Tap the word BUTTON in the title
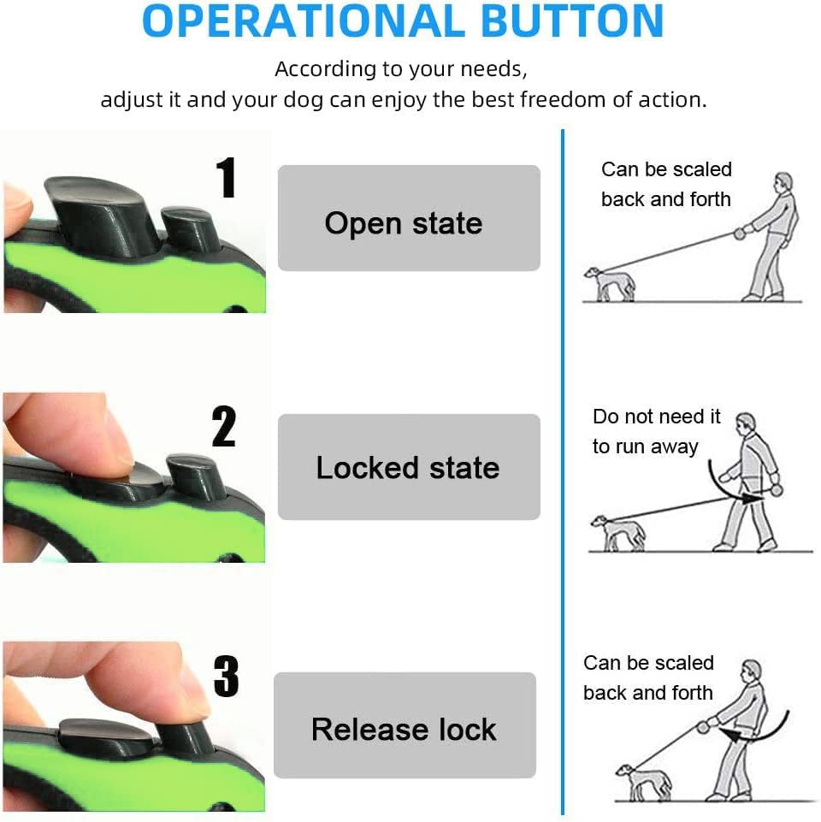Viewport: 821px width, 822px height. (x=572, y=21)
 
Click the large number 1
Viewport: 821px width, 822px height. (x=227, y=177)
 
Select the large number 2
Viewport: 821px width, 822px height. (x=224, y=426)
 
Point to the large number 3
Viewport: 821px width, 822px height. (x=226, y=676)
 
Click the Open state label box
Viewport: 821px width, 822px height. (x=409, y=218)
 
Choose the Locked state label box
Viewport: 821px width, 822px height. (x=409, y=466)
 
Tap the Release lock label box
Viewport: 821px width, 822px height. (x=405, y=725)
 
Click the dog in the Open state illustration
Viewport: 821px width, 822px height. (x=609, y=284)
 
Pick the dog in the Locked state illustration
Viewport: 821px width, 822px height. (x=618, y=532)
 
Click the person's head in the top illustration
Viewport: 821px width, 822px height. (x=783, y=184)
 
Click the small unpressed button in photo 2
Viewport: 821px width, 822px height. (x=196, y=476)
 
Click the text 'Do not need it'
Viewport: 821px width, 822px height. (x=657, y=417)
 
